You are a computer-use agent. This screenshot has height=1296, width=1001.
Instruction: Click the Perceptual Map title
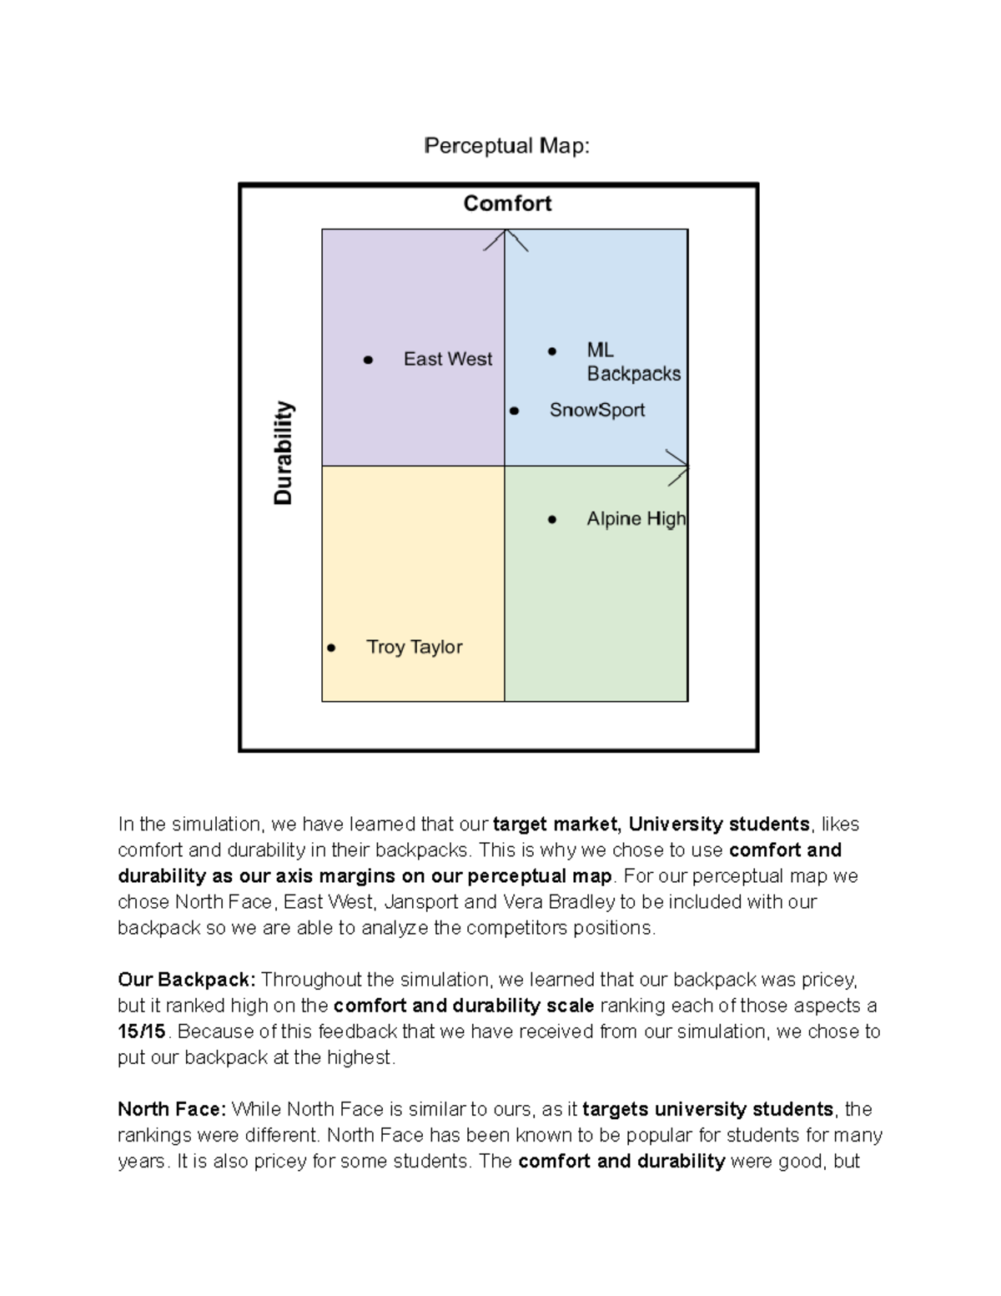pos(506,146)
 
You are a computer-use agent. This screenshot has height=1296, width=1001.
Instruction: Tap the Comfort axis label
pos(507,204)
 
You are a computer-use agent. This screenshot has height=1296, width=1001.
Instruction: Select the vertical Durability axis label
pos(284,453)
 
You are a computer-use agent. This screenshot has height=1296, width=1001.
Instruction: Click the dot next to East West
pos(368,360)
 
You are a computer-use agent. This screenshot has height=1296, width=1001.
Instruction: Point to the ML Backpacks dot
pos(551,351)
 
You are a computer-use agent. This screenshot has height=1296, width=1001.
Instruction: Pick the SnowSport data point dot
pos(514,411)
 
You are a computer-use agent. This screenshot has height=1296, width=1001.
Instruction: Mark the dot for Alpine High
pos(551,519)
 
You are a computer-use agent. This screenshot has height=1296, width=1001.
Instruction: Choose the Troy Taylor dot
pos(331,648)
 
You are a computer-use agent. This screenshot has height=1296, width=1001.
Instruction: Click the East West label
pos(448,359)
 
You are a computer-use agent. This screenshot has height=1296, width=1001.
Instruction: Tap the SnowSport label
pos(596,410)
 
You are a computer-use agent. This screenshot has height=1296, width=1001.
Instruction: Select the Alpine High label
pos(636,519)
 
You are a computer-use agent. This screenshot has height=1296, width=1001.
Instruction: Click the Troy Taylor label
pos(415,647)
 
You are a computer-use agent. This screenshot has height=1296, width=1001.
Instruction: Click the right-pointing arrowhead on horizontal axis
pos(680,466)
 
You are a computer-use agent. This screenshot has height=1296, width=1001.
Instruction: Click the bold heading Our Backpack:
pos(187,979)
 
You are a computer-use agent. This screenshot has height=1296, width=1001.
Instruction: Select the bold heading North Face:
pos(171,1109)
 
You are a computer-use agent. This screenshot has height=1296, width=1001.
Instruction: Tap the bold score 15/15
pos(142,1031)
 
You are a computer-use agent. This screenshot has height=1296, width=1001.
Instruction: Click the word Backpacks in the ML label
pos(633,374)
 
